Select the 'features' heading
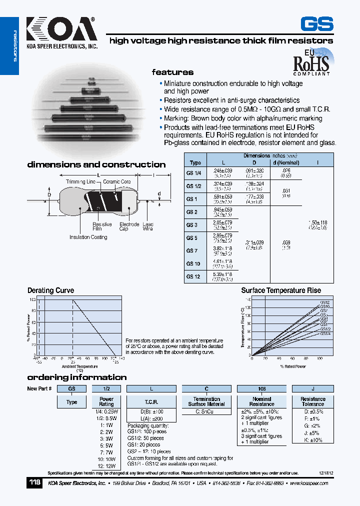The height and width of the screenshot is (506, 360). point(172,72)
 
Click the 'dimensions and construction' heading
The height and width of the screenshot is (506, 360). point(96,164)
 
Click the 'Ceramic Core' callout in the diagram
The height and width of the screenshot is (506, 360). point(117,182)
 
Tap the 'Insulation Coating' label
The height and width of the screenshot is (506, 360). point(88,237)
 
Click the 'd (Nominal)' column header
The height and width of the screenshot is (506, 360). point(285,162)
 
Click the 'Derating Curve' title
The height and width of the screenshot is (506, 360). point(50,290)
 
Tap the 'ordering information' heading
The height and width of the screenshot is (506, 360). point(76,377)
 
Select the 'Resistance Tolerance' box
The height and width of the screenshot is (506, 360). point(313,401)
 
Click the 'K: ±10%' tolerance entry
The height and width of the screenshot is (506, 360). point(313,440)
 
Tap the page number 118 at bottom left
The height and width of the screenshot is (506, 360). point(34,483)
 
